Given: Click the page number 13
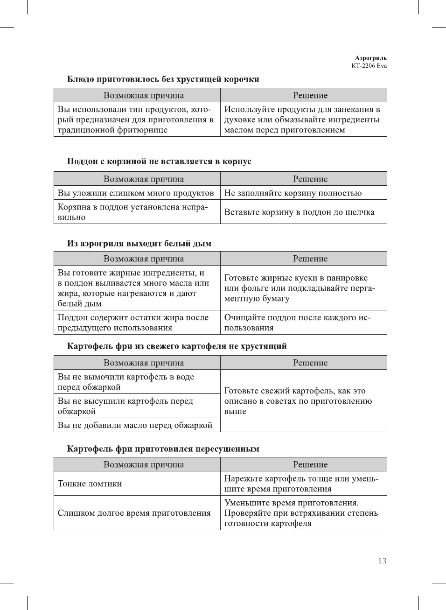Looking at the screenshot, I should tap(382, 561).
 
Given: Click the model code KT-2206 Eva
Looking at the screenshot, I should tap(369, 66).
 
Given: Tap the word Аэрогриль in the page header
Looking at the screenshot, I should tap(371, 58).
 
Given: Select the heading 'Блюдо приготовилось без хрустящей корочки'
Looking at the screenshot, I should tap(163, 79).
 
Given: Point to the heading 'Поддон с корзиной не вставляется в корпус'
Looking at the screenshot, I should tap(159, 161).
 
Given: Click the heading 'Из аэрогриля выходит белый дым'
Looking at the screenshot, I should tap(139, 244).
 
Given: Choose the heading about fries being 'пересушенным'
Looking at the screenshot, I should tap(163, 449).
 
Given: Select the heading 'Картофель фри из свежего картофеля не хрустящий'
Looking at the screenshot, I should tap(177, 346).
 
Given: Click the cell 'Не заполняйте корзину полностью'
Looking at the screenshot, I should tap(293, 193).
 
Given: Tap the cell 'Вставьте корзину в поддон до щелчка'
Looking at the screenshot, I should tap(299, 212).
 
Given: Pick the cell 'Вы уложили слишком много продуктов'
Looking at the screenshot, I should tap(136, 193).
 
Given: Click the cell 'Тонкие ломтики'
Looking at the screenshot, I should tap(90, 484).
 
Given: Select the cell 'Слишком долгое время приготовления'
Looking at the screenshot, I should tap(134, 513).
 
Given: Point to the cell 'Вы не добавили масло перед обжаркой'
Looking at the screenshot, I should tap(135, 425).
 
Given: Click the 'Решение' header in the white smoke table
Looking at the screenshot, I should tap(310, 259).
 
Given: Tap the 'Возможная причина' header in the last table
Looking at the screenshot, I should tap(144, 465).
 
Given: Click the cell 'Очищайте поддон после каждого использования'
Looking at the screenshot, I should tap(297, 323).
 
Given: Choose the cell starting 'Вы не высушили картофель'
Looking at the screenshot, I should tap(125, 406).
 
